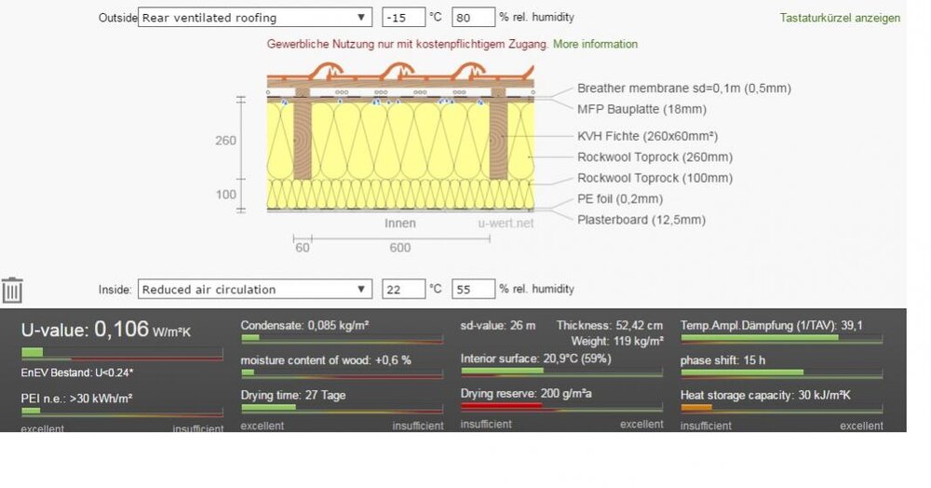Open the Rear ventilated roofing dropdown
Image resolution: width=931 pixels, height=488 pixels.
pyautogui.click(x=254, y=18)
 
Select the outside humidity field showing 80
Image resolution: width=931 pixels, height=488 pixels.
pyautogui.click(x=472, y=18)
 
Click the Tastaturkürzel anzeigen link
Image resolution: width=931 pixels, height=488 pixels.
pyautogui.click(x=840, y=18)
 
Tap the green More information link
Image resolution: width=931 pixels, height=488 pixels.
pyautogui.click(x=595, y=44)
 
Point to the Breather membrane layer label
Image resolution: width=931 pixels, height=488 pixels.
pyautogui.click(x=683, y=88)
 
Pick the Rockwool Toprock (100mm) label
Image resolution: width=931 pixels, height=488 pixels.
pyautogui.click(x=654, y=178)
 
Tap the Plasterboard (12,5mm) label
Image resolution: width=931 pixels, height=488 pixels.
pyautogui.click(x=641, y=220)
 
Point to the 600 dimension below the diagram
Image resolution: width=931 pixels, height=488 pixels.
pyautogui.click(x=399, y=248)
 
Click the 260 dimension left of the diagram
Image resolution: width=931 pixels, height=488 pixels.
pyautogui.click(x=225, y=141)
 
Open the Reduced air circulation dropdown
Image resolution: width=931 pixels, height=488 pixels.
pyautogui.click(x=254, y=290)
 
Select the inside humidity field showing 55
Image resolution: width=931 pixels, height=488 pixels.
pyautogui.click(x=472, y=290)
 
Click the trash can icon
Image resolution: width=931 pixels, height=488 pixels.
pyautogui.click(x=12, y=290)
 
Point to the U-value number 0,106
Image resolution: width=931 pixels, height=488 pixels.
pyautogui.click(x=122, y=329)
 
